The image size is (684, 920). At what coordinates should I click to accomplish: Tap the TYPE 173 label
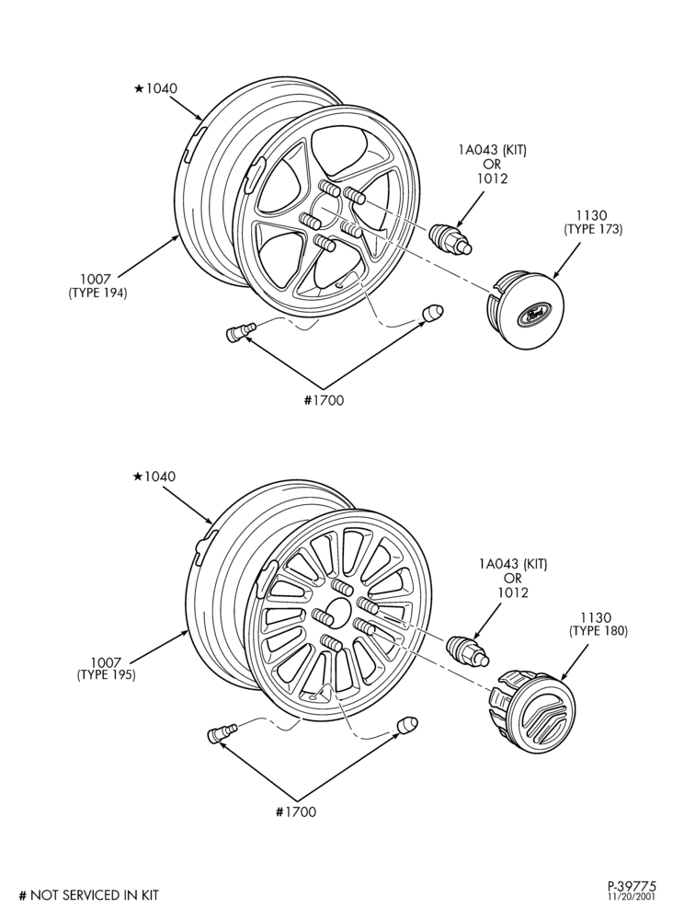pyautogui.click(x=593, y=230)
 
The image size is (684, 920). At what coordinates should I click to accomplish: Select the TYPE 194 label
pyautogui.click(x=97, y=293)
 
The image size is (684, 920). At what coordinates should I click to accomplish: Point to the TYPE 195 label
pyautogui.click(x=106, y=674)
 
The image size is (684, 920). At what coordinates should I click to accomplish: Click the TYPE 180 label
pyautogui.click(x=598, y=631)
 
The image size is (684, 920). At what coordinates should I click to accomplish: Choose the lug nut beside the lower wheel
pyautogui.click(x=468, y=651)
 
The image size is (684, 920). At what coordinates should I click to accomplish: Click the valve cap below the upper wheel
pyautogui.click(x=433, y=313)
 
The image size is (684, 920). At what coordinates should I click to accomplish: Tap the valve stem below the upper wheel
pyautogui.click(x=240, y=332)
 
